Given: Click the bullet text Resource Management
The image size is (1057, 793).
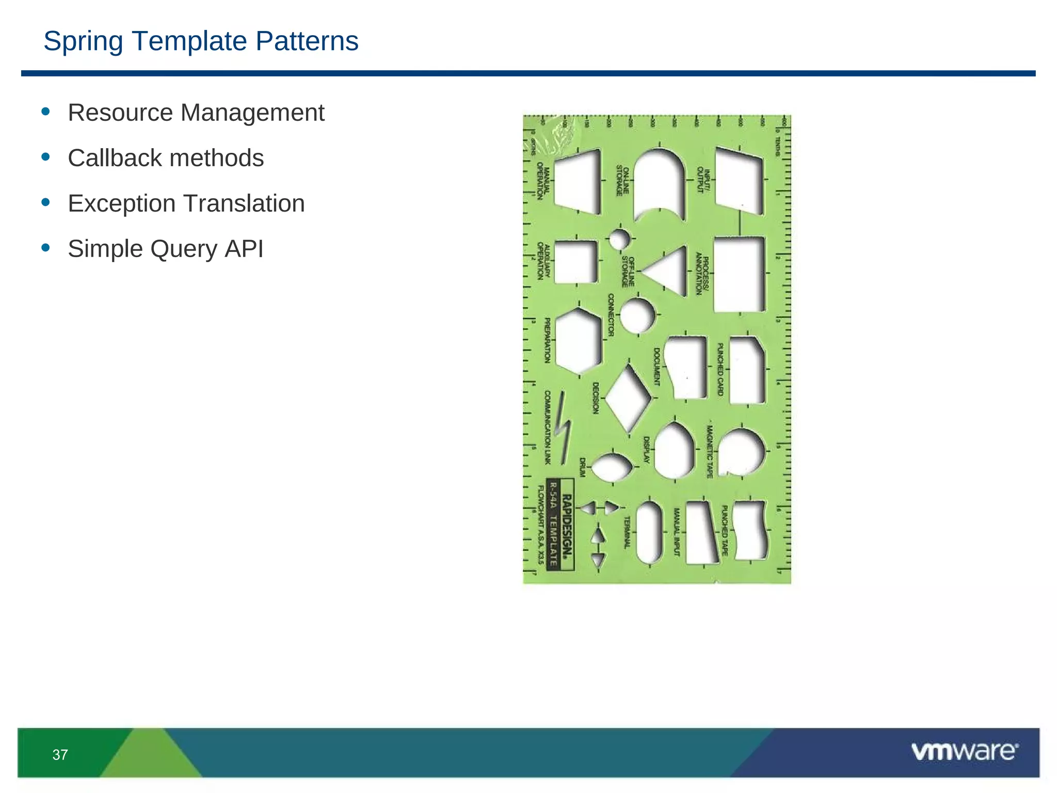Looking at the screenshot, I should pyautogui.click(x=196, y=113).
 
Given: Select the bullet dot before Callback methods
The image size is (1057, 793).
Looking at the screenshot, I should pyautogui.click(x=46, y=156).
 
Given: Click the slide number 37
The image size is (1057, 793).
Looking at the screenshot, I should pyautogui.click(x=60, y=755).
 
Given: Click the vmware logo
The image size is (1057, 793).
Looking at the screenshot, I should pyautogui.click(x=964, y=752).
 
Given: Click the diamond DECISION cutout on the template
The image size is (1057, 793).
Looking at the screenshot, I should pyautogui.click(x=628, y=398).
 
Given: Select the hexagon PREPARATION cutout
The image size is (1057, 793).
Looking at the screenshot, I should pyautogui.click(x=579, y=341).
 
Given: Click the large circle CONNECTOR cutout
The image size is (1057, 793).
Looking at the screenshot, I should pyautogui.click(x=637, y=315).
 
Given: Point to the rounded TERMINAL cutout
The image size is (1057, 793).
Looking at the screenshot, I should pyautogui.click(x=649, y=532).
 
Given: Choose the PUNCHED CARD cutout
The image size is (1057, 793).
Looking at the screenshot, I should pyautogui.click(x=747, y=370).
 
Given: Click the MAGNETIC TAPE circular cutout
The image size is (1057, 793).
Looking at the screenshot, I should pyautogui.click(x=741, y=452).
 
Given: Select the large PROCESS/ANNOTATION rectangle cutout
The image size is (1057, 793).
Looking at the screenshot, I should pyautogui.click(x=739, y=274).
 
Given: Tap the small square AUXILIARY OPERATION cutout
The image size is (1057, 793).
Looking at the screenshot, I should pyautogui.click(x=575, y=261).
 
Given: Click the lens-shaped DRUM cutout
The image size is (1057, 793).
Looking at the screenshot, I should pyautogui.click(x=612, y=467).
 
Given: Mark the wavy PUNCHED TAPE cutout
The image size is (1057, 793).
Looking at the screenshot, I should pyautogui.click(x=750, y=530).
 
